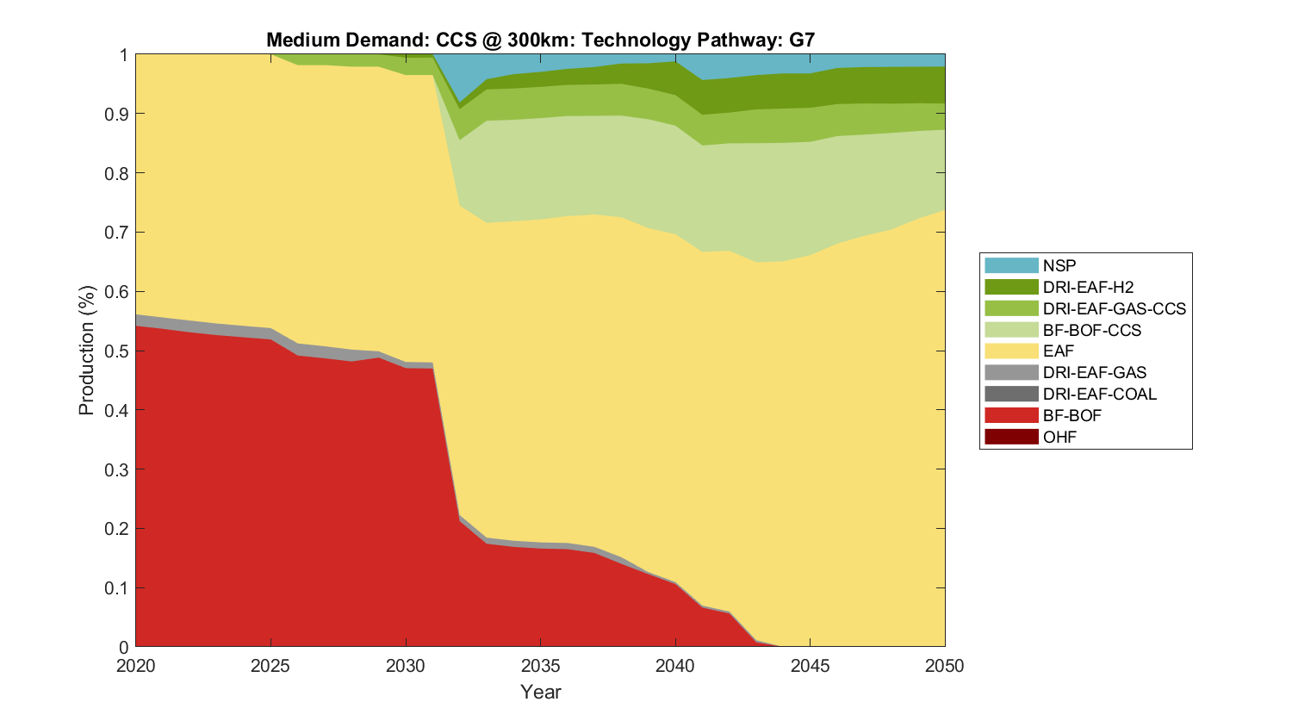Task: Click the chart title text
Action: click(x=540, y=40)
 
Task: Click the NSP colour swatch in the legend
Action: click(x=1011, y=265)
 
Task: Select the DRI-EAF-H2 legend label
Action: click(x=1088, y=287)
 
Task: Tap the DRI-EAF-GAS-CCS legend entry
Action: click(x=1114, y=308)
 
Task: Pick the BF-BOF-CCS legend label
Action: click(x=1091, y=330)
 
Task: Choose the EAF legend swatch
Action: click(x=1011, y=351)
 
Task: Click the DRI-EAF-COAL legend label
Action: click(x=1099, y=394)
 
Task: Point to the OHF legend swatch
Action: click(x=1011, y=437)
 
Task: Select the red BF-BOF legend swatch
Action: click(x=1011, y=415)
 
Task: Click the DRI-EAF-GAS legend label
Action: click(x=1094, y=372)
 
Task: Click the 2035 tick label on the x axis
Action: click(x=540, y=666)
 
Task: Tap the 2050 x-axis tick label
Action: click(x=945, y=666)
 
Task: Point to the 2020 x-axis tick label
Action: click(x=136, y=666)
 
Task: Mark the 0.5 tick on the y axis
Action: click(x=117, y=351)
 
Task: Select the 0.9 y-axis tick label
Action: click(x=117, y=114)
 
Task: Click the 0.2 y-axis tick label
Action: click(x=117, y=529)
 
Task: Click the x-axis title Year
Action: click(x=540, y=692)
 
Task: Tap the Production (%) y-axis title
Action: click(x=86, y=351)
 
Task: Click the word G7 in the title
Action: click(x=802, y=40)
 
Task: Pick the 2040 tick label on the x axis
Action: click(x=675, y=666)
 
